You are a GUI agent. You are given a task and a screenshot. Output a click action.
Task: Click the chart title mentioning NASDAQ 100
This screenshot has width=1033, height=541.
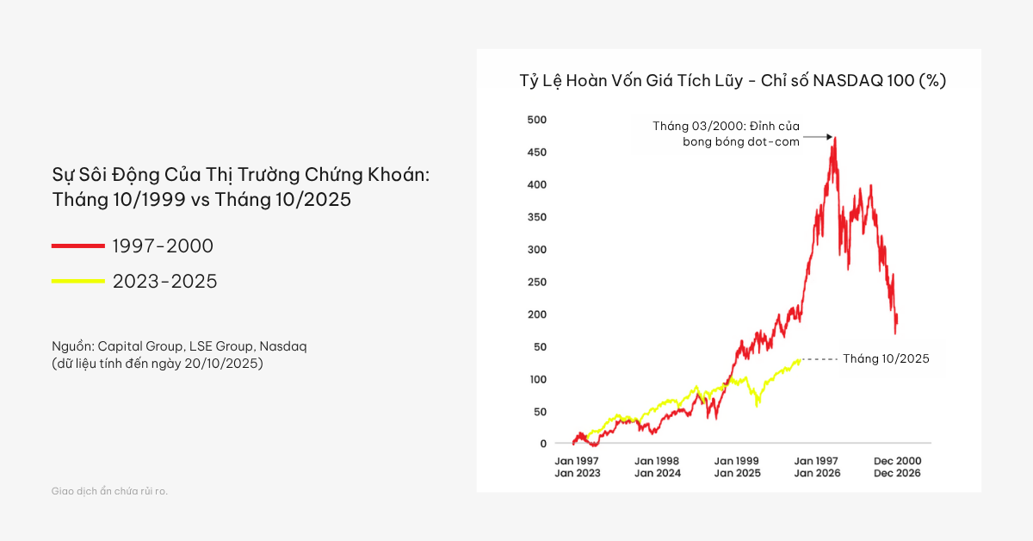(733, 81)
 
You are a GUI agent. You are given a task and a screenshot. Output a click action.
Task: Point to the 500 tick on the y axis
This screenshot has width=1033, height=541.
(536, 120)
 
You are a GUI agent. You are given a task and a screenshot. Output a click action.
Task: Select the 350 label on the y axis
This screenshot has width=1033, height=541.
(536, 217)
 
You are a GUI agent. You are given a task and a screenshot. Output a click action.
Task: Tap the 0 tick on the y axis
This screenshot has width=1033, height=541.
(543, 444)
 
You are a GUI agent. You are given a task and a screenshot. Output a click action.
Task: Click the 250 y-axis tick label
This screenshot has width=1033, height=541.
(536, 282)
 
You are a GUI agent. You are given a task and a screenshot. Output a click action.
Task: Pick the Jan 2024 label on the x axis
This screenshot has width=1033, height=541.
(658, 473)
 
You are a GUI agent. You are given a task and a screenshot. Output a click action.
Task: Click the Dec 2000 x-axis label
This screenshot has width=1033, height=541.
(897, 461)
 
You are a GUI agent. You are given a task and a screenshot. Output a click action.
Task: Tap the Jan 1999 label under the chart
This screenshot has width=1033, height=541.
(737, 461)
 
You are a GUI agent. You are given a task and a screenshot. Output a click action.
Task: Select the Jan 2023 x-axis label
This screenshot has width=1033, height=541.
(578, 473)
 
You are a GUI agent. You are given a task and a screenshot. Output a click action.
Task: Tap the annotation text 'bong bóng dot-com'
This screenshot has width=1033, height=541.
(741, 142)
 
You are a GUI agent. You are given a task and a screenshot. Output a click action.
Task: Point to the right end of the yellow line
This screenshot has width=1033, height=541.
(800, 359)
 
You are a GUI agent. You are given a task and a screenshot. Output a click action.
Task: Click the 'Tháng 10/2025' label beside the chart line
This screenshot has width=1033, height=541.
(886, 359)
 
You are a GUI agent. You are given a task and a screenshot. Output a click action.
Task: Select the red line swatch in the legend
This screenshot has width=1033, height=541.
(77, 246)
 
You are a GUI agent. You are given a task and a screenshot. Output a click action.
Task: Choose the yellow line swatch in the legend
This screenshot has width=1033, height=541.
(77, 281)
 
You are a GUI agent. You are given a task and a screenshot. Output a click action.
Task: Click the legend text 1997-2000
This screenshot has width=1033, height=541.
(163, 246)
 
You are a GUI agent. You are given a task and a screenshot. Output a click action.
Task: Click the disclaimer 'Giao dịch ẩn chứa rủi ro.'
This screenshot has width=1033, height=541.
(109, 491)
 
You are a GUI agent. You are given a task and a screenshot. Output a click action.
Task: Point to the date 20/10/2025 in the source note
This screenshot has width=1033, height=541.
(224, 363)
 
